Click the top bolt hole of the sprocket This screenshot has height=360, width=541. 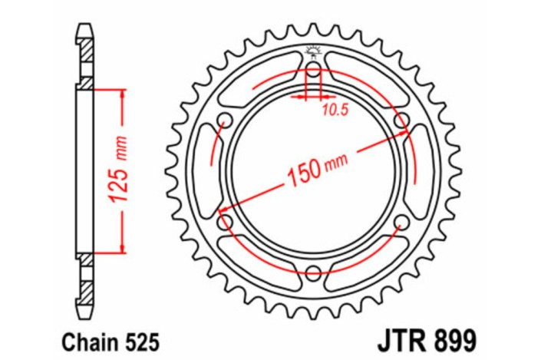coord(313,72)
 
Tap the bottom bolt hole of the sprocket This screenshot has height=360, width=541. coord(313,272)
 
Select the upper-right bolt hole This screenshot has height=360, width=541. coord(400,121)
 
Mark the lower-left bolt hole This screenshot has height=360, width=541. coord(226,223)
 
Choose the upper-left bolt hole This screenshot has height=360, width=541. coord(226,121)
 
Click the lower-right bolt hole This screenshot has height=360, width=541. coord(400,223)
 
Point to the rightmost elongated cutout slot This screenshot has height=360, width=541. coord(420,172)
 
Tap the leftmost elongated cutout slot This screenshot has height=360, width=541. coord(206,172)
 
